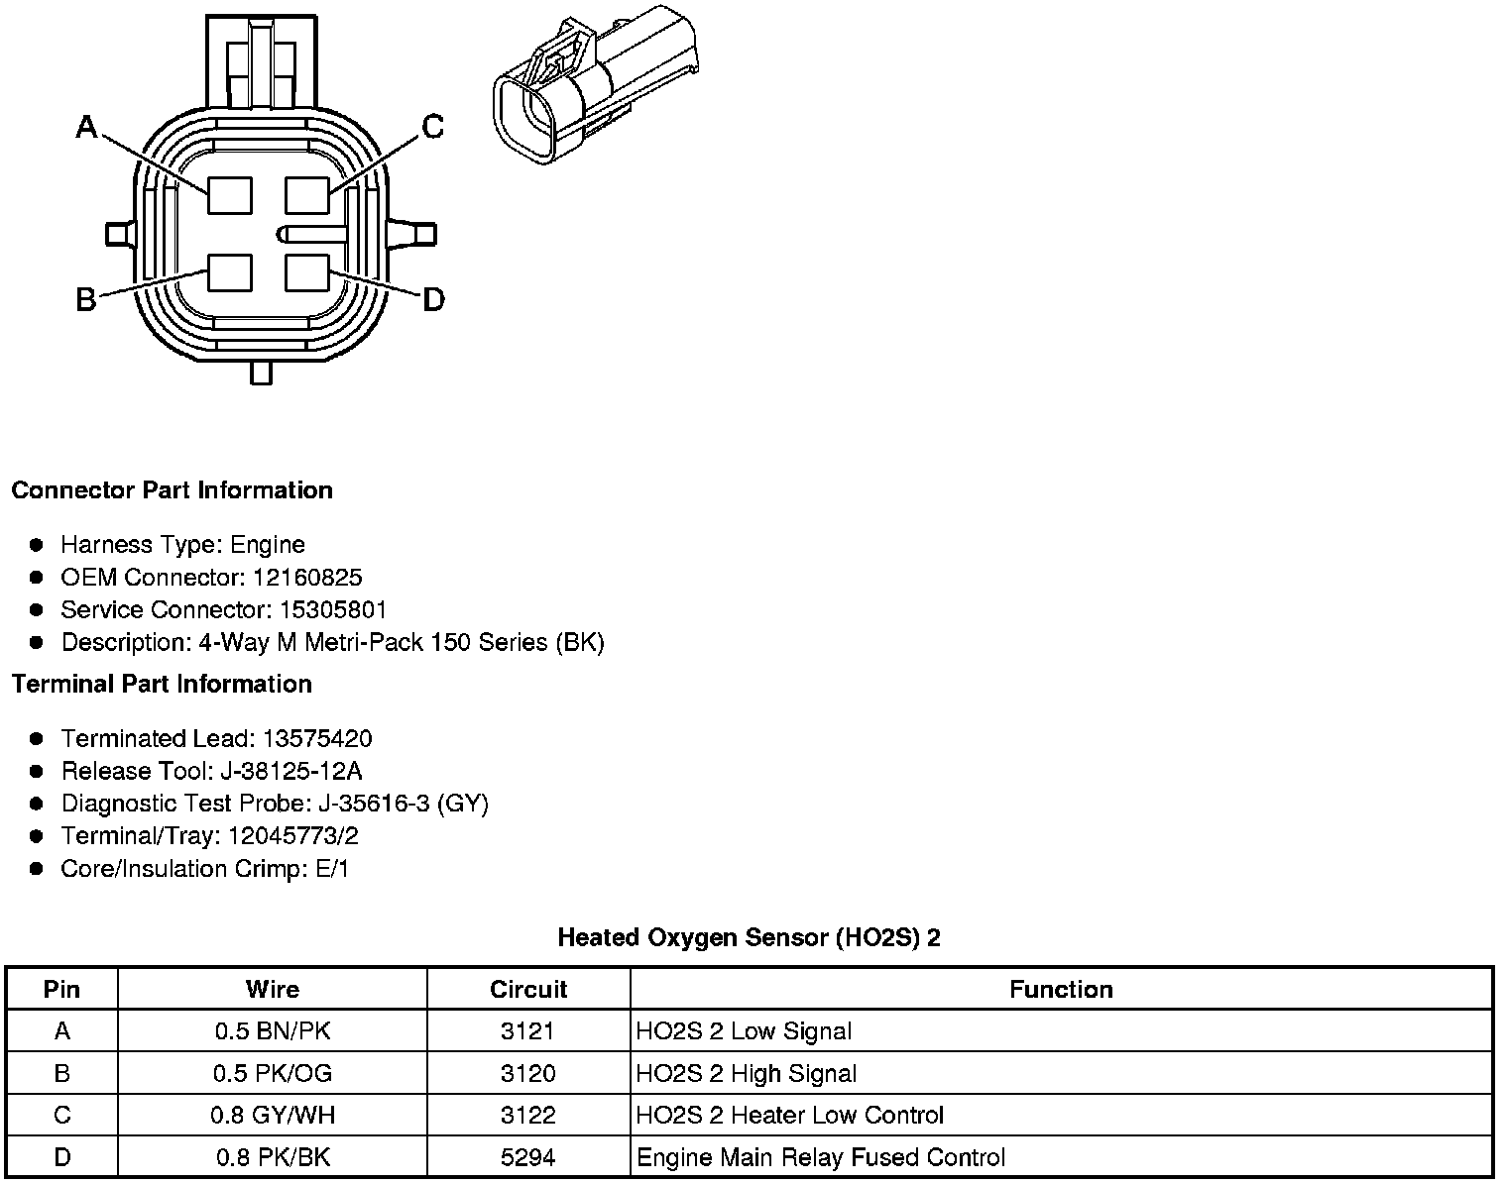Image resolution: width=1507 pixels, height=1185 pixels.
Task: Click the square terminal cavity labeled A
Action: pos(229,194)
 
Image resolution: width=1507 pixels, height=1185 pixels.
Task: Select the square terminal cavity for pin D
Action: pos(306,271)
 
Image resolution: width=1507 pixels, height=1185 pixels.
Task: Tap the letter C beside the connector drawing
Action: pos(432,127)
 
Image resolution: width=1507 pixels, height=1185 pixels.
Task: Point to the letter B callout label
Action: pos(86,298)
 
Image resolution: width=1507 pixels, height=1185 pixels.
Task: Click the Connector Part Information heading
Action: pos(172,490)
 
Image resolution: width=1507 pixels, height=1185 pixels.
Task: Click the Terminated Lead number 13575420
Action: pos(317,738)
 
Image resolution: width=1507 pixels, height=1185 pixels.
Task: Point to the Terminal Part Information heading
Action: pos(162,685)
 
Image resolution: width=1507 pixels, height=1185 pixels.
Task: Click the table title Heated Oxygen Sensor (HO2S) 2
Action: pos(749,937)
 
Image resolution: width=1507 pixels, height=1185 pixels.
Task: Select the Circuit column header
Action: pos(528,989)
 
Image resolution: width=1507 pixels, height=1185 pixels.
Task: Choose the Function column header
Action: pos(1061,989)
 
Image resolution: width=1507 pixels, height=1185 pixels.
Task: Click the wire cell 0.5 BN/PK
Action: pos(273,1031)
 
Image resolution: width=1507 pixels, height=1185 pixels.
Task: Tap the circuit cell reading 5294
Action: pos(528,1157)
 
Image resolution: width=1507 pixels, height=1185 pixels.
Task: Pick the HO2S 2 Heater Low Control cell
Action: pos(789,1116)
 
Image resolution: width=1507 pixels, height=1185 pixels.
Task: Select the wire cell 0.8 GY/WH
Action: pos(273,1116)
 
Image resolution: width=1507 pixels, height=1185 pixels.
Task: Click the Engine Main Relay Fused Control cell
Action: pos(820,1157)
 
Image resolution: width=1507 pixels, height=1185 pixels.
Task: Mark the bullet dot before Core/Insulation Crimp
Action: pos(37,869)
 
